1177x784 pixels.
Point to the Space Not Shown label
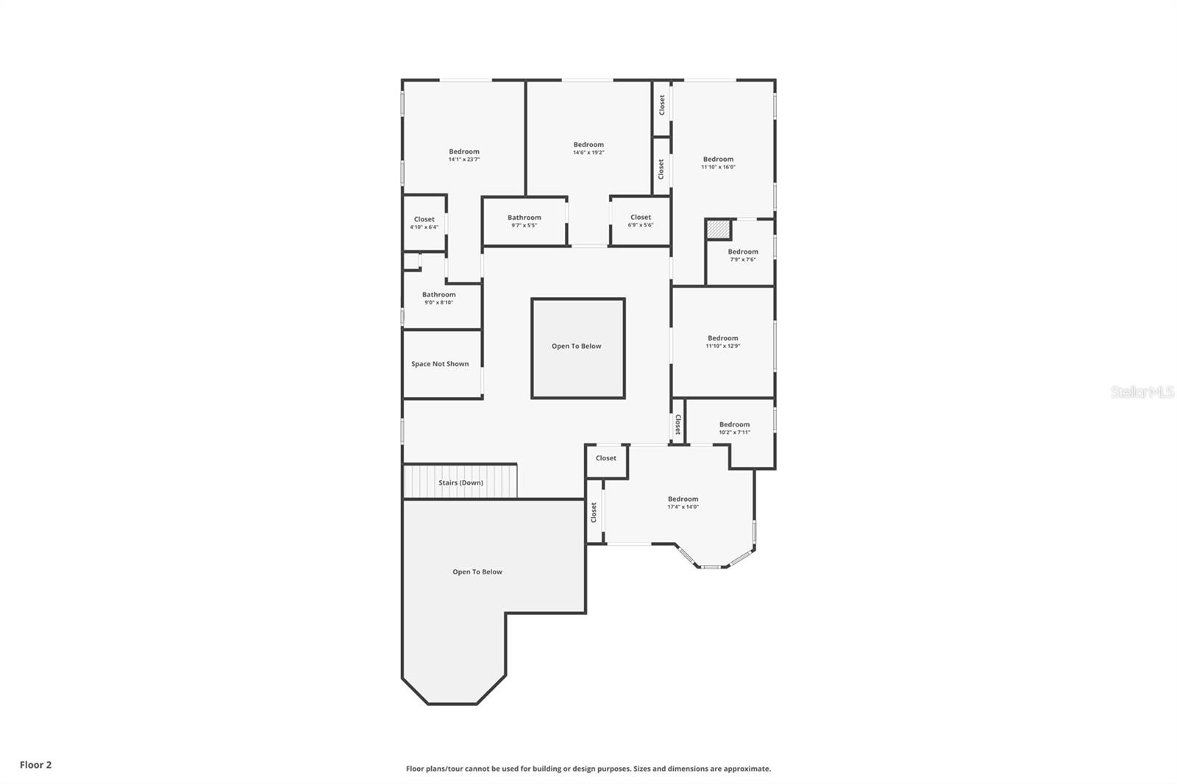(x=440, y=364)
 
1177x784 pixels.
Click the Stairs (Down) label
(x=461, y=483)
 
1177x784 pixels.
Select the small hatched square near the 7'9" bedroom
(x=718, y=229)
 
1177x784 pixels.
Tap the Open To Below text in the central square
(x=577, y=346)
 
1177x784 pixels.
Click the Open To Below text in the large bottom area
(x=477, y=572)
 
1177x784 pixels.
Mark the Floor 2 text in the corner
(x=35, y=765)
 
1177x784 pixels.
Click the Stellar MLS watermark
(x=1142, y=393)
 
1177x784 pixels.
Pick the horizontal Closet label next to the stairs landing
(x=606, y=458)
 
